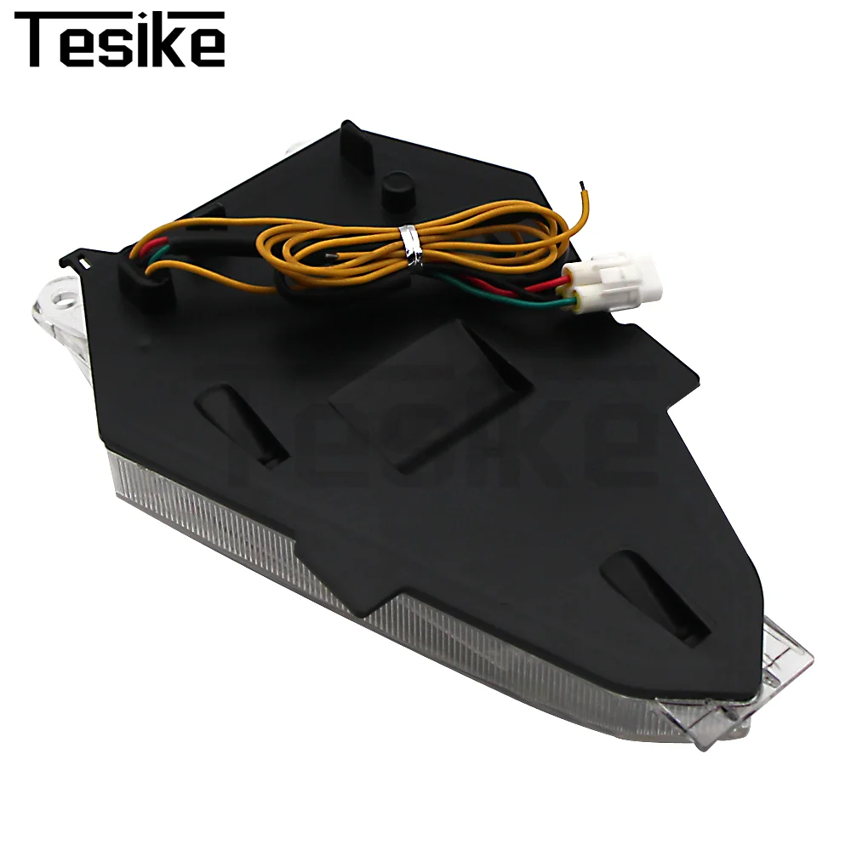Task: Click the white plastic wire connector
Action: coord(614,285)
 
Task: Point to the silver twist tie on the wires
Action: coord(411,246)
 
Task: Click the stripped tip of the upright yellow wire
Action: coord(582,186)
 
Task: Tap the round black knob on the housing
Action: coord(397,191)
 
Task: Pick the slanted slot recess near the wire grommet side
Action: coord(242,424)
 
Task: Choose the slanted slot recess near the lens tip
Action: coord(654,597)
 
